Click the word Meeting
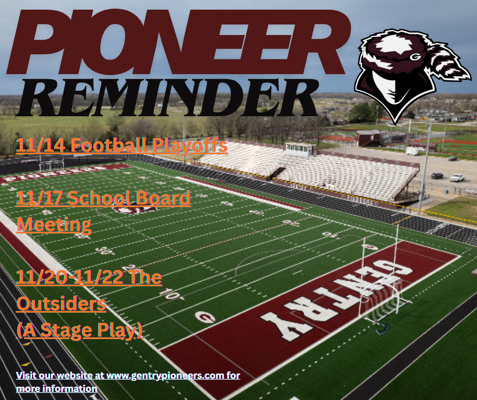pos(54,224)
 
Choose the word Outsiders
pos(61,304)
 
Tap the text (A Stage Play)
pos(80,330)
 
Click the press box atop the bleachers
pos(299,149)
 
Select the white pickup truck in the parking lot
pos(457,178)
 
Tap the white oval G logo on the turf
pos(205,317)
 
